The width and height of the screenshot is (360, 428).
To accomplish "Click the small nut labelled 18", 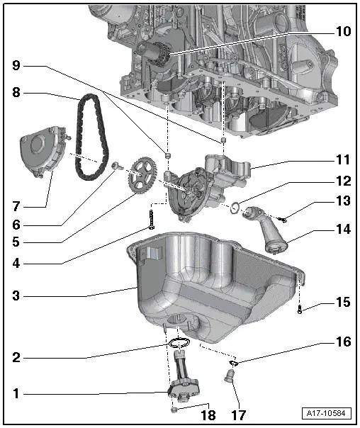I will point(174,410).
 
